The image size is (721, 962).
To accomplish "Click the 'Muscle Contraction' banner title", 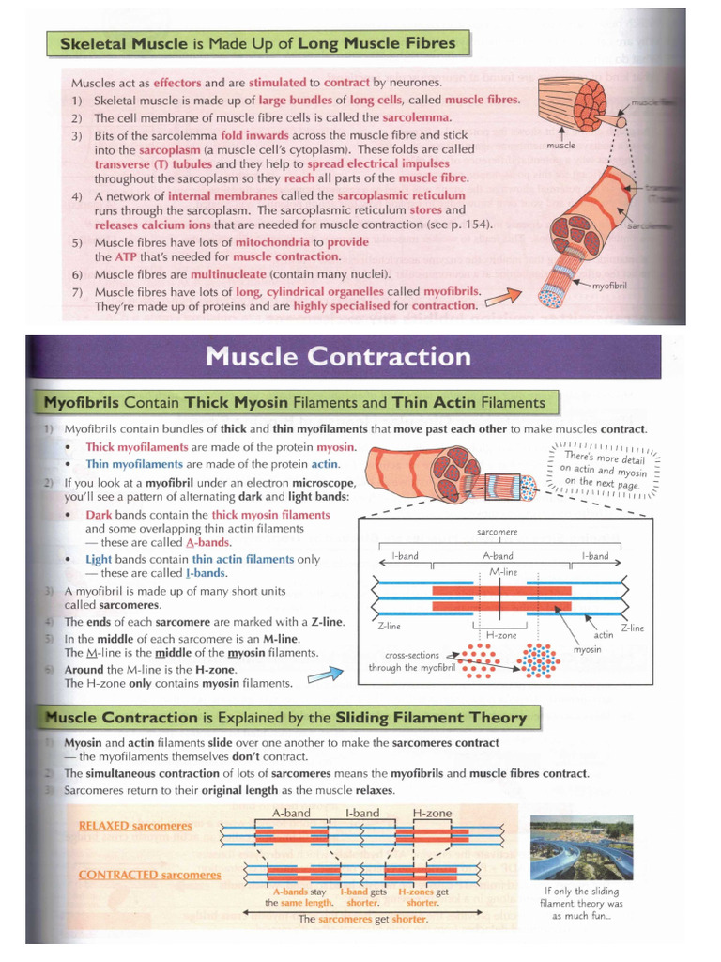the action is [337, 357].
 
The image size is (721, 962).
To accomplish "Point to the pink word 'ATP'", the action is [126, 256].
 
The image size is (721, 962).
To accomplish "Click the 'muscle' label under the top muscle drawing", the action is [560, 146].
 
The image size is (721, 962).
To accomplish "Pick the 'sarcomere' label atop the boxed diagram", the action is [497, 532].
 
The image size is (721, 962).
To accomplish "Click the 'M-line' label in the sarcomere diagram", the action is [504, 571].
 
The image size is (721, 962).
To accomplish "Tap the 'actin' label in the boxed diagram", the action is [604, 635].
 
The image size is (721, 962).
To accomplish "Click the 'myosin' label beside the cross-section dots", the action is [587, 649].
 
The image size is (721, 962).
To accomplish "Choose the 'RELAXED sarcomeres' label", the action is [135, 826].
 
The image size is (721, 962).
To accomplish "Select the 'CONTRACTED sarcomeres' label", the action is [150, 875].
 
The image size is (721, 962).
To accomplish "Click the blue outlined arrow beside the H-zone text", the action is [327, 675].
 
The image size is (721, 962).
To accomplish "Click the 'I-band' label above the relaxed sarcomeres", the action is [361, 812].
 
